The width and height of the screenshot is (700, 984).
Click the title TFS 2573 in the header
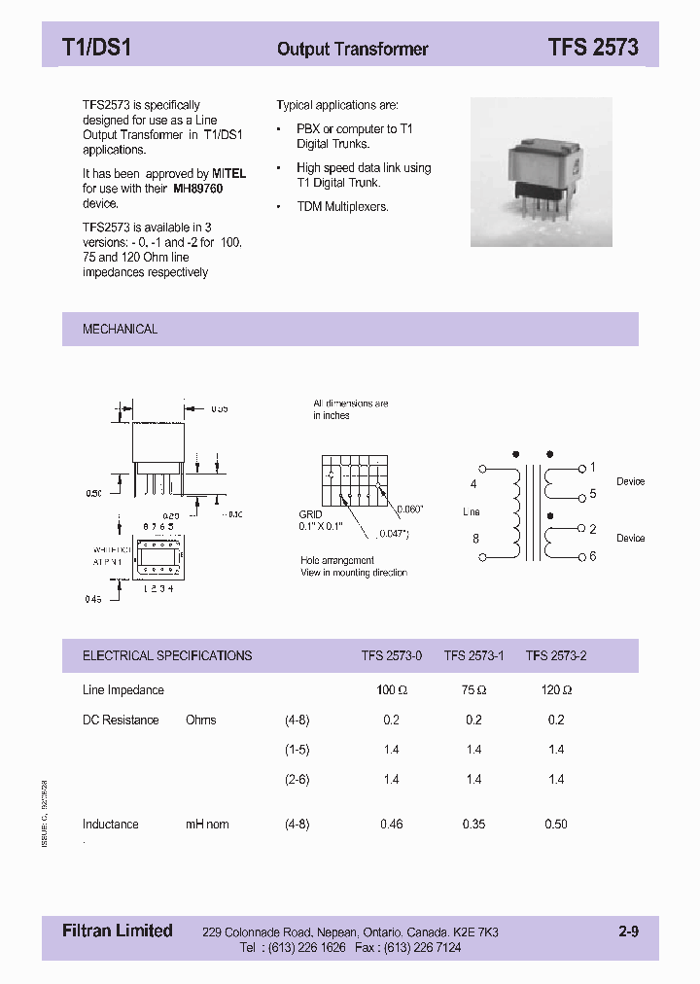coord(592,48)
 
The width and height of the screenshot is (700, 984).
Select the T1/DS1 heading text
coord(96,48)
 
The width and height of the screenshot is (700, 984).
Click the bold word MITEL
coord(229,173)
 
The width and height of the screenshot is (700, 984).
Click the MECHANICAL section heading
coord(120,330)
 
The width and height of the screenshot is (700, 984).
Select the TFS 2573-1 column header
coord(473,656)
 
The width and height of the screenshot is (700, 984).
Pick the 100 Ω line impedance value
coord(386,690)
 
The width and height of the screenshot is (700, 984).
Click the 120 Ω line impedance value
coord(556,690)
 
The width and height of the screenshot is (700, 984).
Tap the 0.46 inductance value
coord(391,825)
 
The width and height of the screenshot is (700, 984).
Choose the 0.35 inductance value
coord(473,825)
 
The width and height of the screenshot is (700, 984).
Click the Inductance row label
coord(110,825)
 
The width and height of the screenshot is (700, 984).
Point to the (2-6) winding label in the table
coord(297,780)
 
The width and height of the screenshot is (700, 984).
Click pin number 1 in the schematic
coord(593,468)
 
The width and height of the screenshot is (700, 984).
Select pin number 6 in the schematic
coord(593,556)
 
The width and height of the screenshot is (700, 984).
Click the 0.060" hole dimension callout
coord(411,509)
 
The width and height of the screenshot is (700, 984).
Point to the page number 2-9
coord(628,931)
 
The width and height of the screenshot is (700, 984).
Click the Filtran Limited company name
coord(110,931)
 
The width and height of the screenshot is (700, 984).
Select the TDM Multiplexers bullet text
coord(342,207)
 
